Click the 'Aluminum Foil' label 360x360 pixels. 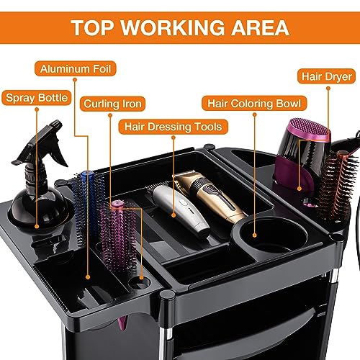pyautogui.click(x=76, y=69)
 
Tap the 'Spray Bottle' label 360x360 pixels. pyautogui.click(x=37, y=98)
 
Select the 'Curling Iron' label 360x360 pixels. pyautogui.click(x=112, y=104)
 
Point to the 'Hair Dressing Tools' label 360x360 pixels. pyautogui.click(x=173, y=127)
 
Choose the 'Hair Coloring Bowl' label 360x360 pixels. pyautogui.click(x=254, y=103)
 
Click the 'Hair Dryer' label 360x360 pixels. pyautogui.click(x=326, y=76)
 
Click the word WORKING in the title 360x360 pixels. pyautogui.click(x=172, y=27)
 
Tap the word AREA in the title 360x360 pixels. pyautogui.click(x=260, y=27)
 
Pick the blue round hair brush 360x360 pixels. pyautogui.click(x=89, y=204)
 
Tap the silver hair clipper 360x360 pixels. pyautogui.click(x=181, y=211)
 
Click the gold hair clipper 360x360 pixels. pyautogui.click(x=210, y=194)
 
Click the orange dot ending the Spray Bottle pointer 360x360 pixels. pyautogui.click(x=37, y=226)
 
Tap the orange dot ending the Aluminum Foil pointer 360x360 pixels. pyautogui.click(x=88, y=277)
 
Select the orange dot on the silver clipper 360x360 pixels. pyautogui.click(x=174, y=215)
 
